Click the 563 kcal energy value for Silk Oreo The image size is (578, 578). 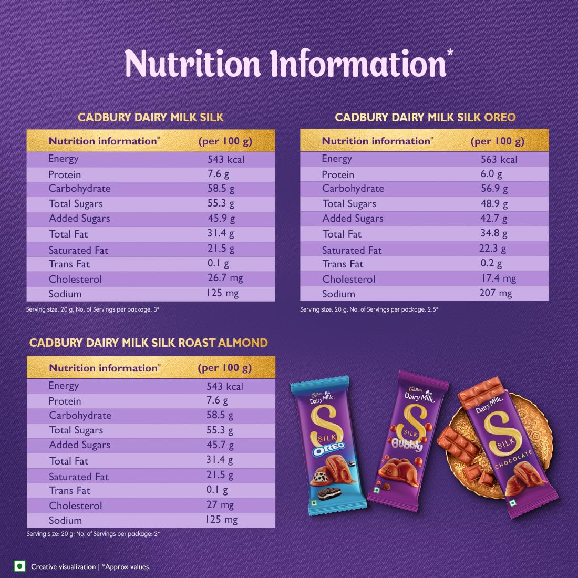point(499,159)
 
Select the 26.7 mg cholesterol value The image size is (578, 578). point(225,278)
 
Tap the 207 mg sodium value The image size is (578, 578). point(496,293)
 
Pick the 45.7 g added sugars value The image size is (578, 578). point(220,445)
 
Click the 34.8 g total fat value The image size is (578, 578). point(494,234)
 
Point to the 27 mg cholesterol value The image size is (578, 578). point(220,505)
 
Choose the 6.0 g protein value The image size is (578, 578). point(491,174)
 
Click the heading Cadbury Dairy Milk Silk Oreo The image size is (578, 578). point(425,117)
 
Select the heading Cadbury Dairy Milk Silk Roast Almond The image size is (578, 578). point(149,343)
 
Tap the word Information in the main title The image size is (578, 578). point(358,64)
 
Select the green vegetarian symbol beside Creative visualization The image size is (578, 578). point(19,566)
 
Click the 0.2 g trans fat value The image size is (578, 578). point(491,264)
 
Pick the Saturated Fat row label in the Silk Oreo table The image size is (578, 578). point(352,250)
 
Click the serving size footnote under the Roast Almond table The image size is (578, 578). point(93,534)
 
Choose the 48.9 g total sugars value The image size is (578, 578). point(494,203)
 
